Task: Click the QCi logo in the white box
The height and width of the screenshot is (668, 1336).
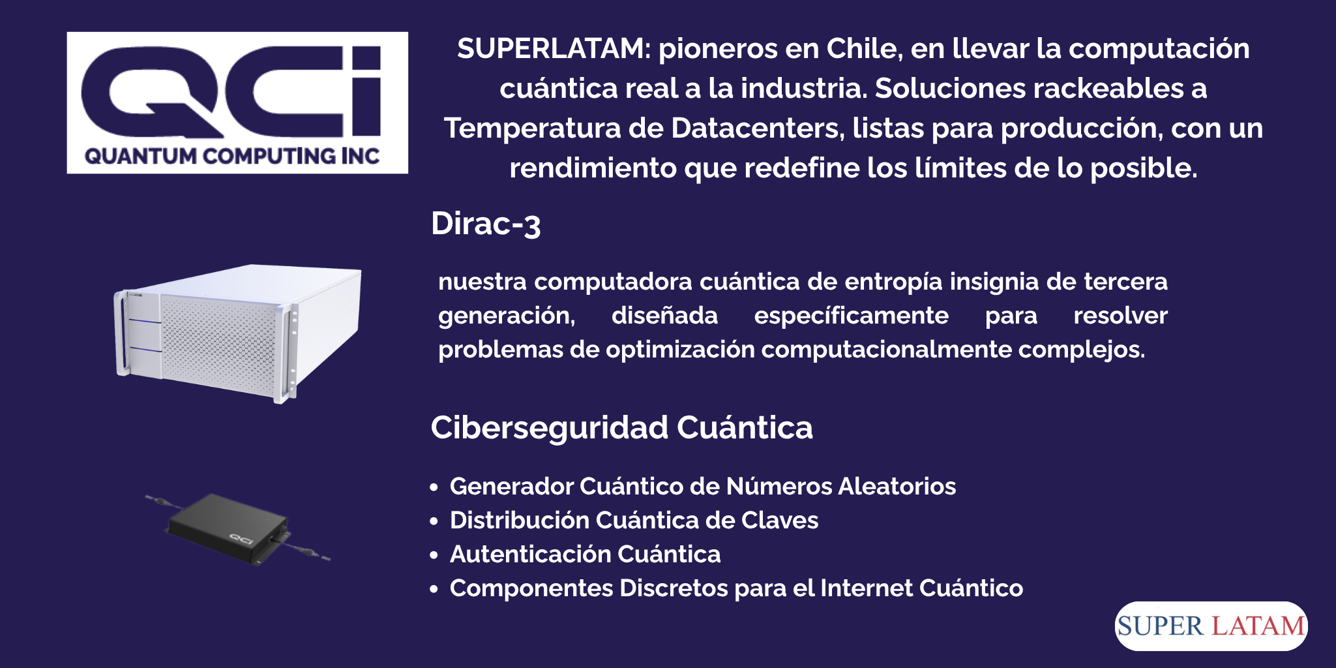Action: pyautogui.click(x=237, y=102)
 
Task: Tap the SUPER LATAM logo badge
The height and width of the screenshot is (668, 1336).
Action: pyautogui.click(x=1211, y=626)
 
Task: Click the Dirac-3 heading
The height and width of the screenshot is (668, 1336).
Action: pyautogui.click(x=486, y=224)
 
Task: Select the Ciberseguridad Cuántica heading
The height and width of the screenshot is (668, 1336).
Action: pyautogui.click(x=621, y=428)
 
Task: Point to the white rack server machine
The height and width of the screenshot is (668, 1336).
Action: pyautogui.click(x=238, y=333)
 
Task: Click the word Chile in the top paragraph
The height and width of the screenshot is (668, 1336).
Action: pyautogui.click(x=864, y=49)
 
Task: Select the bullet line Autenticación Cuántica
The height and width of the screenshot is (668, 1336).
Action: pyautogui.click(x=585, y=554)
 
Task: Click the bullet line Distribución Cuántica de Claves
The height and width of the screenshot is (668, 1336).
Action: pyautogui.click(x=634, y=521)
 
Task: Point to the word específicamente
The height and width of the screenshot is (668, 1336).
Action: pyautogui.click(x=851, y=316)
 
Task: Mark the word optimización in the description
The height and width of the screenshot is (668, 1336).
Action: pyautogui.click(x=680, y=350)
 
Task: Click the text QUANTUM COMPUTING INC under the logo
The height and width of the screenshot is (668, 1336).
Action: pyautogui.click(x=232, y=157)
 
